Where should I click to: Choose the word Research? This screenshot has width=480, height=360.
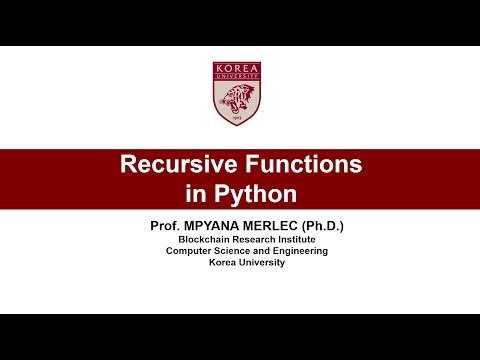pyautogui.click(x=254, y=239)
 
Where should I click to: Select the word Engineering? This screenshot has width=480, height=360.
pyautogui.click(x=294, y=251)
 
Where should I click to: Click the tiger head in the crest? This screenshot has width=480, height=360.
pyautogui.click(x=239, y=100)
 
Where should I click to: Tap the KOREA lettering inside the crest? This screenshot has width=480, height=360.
pyautogui.click(x=239, y=68)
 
